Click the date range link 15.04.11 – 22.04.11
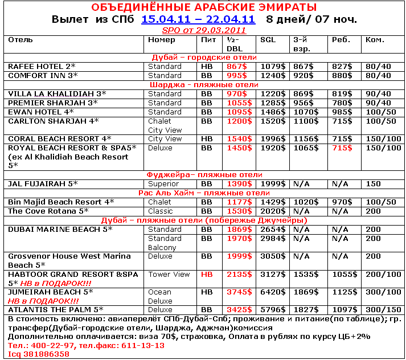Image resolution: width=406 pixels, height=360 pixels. click(198, 19)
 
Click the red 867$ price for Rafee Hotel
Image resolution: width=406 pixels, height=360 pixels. click(236, 67)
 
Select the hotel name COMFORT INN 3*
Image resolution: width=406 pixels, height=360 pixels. click(43, 75)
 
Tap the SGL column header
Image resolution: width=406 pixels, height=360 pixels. click(268, 40)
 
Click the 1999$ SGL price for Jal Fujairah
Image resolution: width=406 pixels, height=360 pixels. click(272, 184)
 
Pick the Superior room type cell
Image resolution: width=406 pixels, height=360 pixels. click(163, 184)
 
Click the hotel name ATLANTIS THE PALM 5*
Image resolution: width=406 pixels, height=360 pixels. click(56, 310)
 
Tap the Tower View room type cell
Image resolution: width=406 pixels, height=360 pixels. click(169, 275)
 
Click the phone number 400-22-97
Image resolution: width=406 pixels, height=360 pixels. click(45, 345)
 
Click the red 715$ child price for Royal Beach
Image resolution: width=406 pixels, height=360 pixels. click(342, 148)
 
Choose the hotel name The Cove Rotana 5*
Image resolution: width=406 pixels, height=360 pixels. click(48, 211)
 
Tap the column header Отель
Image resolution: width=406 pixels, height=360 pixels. click(21, 40)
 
